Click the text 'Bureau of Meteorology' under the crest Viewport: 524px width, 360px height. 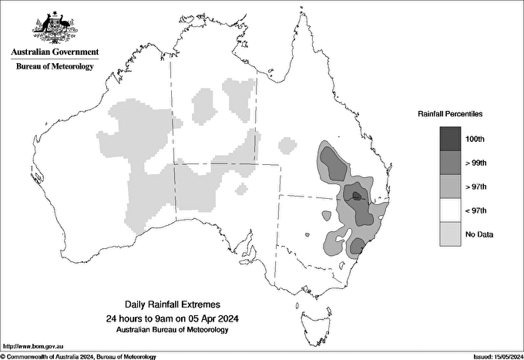click(x=55, y=67)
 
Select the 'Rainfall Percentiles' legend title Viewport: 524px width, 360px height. click(x=450, y=114)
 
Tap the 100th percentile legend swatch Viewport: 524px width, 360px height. click(x=450, y=139)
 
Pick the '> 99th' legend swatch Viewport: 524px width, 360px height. click(x=450, y=163)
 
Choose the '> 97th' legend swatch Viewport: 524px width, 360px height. click(x=450, y=187)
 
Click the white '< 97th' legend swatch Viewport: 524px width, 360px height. click(x=450, y=210)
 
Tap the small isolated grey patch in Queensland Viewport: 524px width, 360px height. click(x=287, y=143)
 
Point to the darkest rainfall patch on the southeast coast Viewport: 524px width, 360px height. click(x=358, y=246)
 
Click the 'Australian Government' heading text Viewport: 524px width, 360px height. click(x=55, y=52)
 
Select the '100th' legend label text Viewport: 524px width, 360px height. click(x=475, y=139)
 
